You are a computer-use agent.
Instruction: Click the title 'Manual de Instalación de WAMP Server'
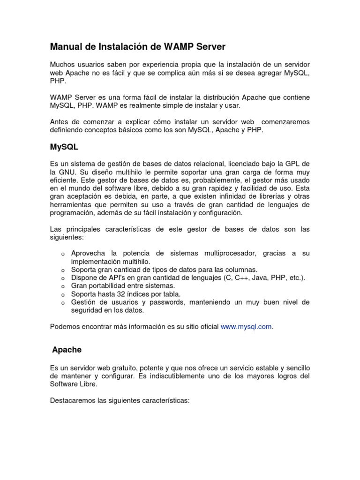(x=137, y=47)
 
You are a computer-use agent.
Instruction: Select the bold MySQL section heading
(x=64, y=147)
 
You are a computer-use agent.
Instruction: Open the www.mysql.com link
(x=246, y=327)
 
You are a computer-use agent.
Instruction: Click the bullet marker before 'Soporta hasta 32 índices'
(x=62, y=295)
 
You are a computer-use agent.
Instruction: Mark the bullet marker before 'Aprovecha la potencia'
(x=62, y=254)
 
